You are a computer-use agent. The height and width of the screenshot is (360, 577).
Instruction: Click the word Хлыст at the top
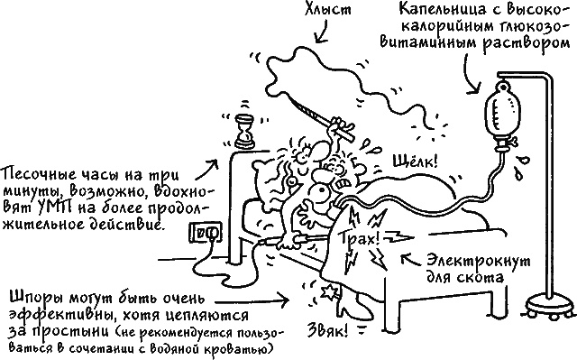coord(325,12)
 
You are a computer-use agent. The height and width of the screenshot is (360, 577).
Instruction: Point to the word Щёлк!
coord(414,163)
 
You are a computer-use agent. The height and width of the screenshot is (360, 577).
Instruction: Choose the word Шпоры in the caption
coord(37,297)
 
